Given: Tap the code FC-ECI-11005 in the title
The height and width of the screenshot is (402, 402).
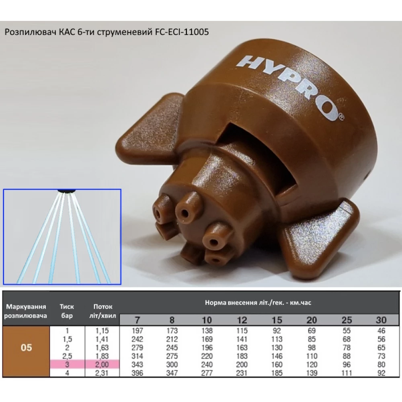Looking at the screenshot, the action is tap(182, 32).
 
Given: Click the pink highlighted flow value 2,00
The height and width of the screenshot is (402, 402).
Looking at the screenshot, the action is tap(102, 364).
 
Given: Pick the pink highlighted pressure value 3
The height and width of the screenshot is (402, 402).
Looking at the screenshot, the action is tap(67, 364).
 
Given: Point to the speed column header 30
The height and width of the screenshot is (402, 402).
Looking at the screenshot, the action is tap(381, 320).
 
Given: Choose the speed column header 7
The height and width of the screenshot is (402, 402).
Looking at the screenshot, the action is tap(137, 320).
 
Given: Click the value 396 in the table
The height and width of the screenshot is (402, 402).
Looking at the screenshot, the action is tap(137, 373).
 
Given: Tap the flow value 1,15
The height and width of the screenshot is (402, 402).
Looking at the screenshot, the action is tap(102, 331).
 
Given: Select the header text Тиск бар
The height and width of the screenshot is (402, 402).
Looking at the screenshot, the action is tap(67, 311).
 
